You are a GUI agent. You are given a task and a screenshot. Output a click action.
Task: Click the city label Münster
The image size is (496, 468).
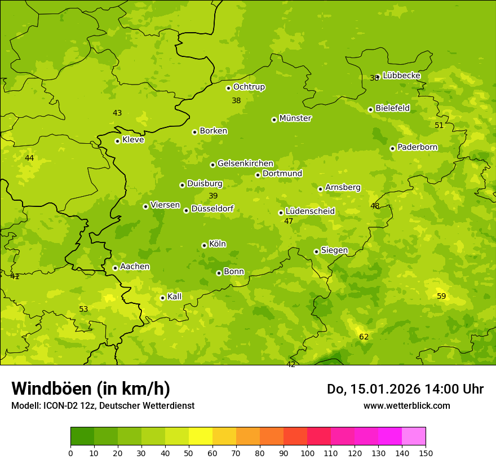[295, 118]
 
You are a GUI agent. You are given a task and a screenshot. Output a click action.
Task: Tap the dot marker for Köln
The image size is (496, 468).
[204, 245]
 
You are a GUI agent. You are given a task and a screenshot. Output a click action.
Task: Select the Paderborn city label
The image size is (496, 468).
[417, 147]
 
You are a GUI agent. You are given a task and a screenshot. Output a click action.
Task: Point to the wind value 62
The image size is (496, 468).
[364, 337]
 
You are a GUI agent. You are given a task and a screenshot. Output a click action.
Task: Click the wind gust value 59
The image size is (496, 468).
[441, 296]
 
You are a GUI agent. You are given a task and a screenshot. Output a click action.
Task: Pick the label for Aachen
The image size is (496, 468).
[135, 266]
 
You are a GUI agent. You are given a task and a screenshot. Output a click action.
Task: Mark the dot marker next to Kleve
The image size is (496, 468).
[117, 141]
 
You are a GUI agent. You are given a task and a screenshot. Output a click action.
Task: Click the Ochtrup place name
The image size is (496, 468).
[249, 87]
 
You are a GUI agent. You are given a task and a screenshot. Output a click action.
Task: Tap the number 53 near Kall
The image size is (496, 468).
[83, 309]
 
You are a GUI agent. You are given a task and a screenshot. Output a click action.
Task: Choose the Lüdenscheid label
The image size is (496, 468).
[310, 211]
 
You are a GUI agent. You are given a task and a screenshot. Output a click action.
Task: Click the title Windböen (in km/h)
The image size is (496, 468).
[91, 388]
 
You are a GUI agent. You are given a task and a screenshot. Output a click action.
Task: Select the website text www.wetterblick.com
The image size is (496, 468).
[406, 405]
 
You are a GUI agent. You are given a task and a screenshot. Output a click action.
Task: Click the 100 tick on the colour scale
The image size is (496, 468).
[307, 453]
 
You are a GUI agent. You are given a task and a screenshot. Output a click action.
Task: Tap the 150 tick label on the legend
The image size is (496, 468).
[426, 453]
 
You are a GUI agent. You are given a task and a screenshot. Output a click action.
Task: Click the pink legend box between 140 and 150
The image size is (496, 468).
[414, 436]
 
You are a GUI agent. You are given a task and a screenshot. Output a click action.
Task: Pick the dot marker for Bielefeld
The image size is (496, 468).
[370, 109]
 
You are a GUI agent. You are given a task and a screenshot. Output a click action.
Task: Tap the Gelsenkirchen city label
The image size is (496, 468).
[245, 164]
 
